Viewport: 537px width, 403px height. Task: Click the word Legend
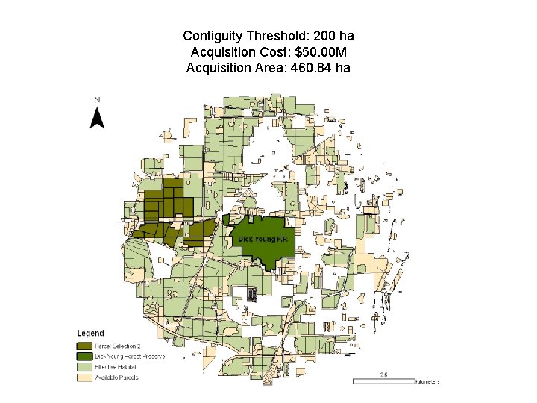point(91,333)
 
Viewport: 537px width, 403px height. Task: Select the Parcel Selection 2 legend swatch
point(84,346)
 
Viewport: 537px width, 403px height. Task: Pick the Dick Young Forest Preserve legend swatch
point(84,357)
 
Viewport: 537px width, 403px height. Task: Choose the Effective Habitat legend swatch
point(84,367)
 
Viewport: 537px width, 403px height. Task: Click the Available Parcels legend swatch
point(84,378)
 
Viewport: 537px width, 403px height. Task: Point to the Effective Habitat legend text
point(116,367)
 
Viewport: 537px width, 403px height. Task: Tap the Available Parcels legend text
point(116,378)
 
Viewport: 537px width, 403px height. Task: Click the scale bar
point(382,381)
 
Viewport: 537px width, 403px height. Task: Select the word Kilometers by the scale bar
point(427,381)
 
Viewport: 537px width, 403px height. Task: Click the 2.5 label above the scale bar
point(383,374)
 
